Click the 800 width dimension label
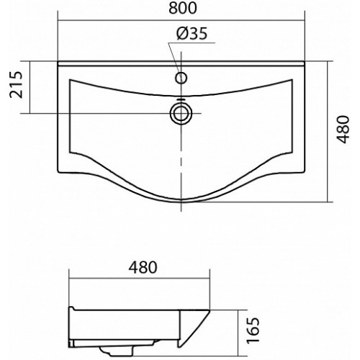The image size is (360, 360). [183, 8]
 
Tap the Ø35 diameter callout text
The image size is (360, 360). [192, 33]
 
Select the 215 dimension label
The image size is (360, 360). [17, 85]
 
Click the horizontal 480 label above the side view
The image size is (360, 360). [143, 267]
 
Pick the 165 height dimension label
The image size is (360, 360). [253, 330]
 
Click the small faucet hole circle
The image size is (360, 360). [181, 78]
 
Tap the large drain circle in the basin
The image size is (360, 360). [181, 113]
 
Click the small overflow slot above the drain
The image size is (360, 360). [181, 99]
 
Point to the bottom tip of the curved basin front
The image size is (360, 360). [181, 202]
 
